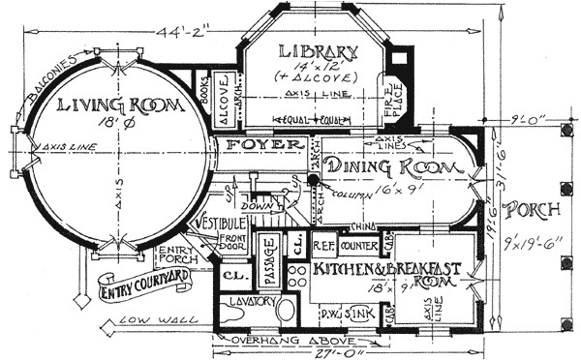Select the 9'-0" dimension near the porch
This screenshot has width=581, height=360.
[x=531, y=121]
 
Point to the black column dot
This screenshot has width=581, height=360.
[x=314, y=179]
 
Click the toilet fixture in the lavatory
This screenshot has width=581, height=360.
[x=287, y=312]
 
